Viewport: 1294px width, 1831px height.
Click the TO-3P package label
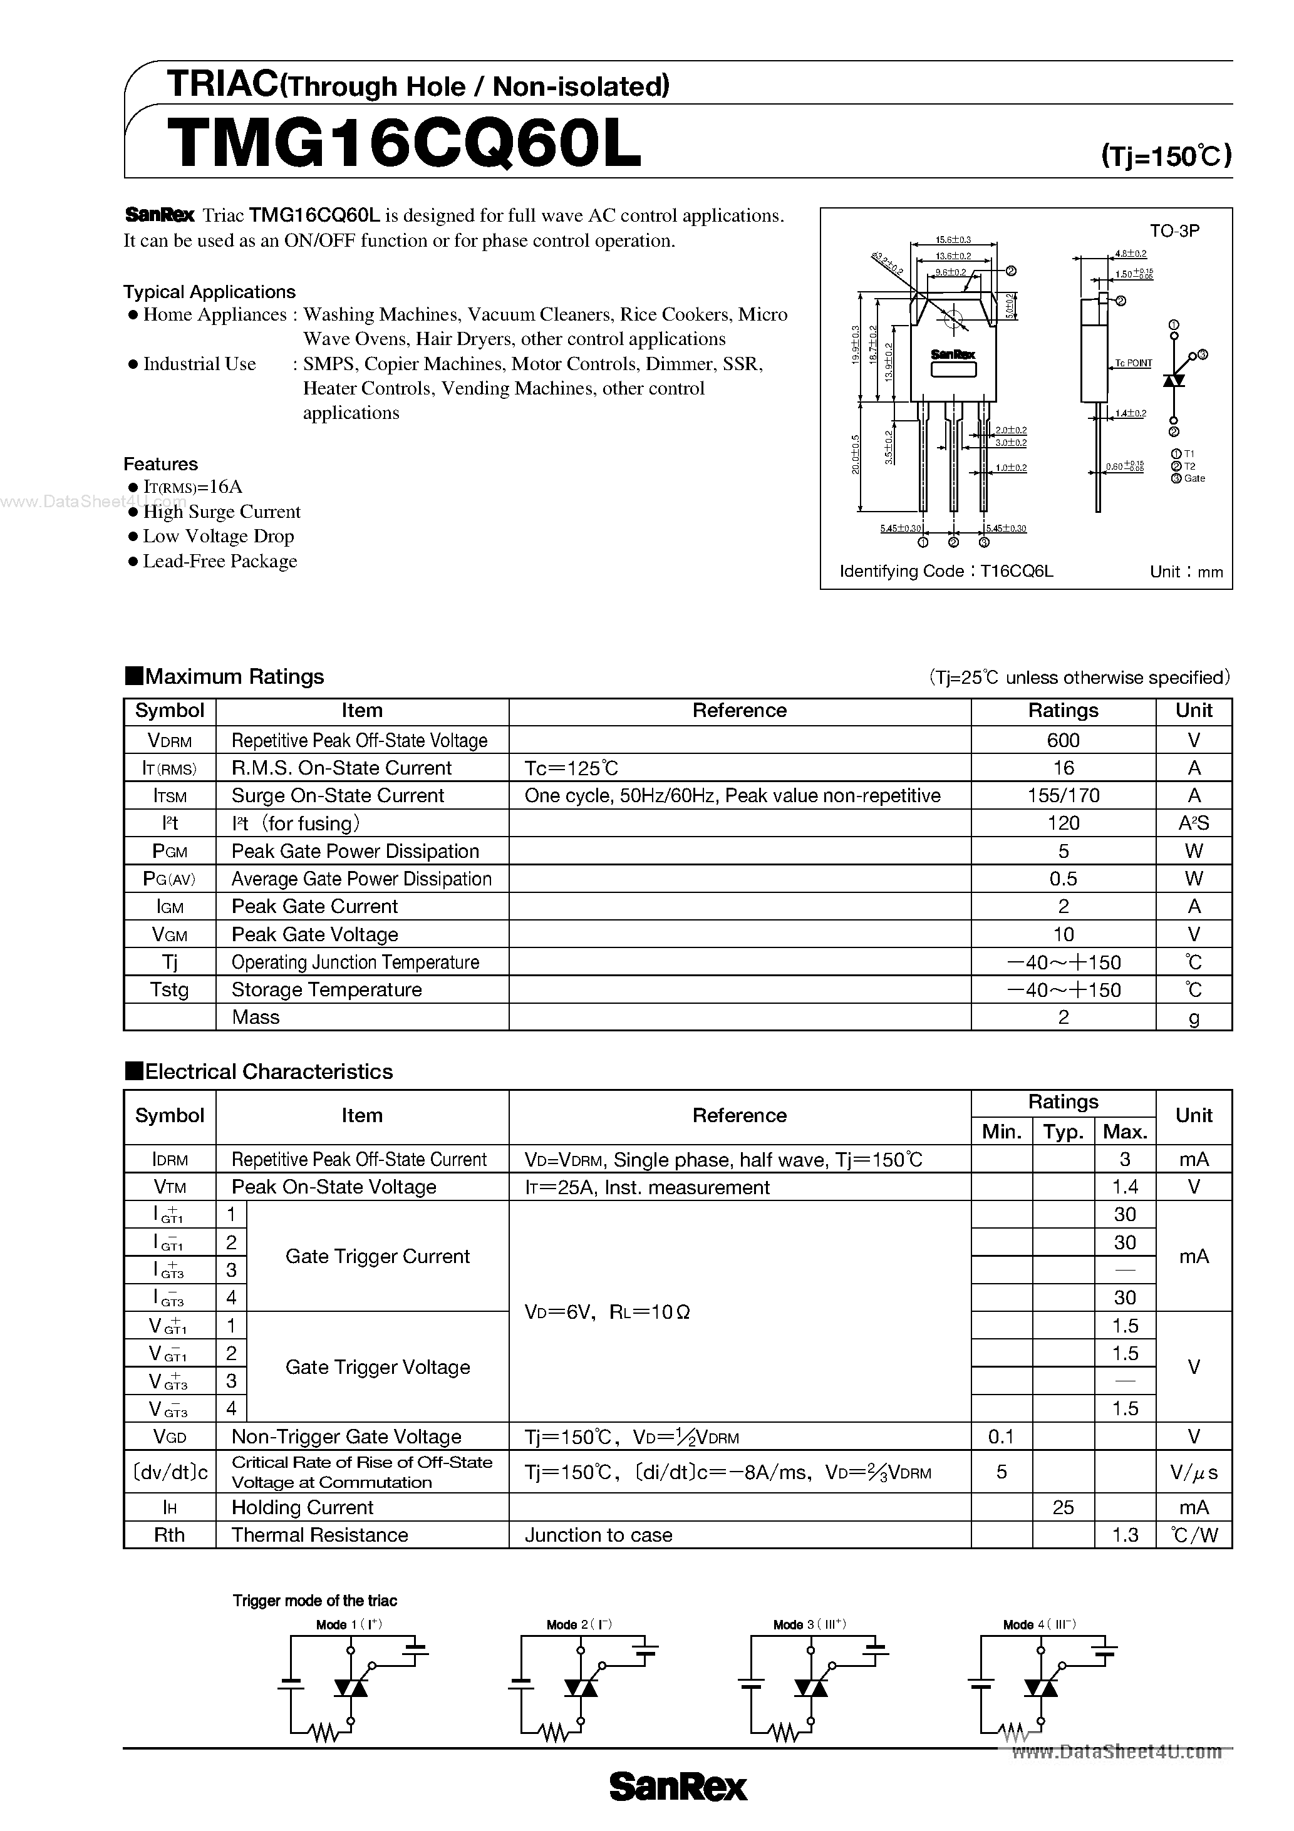coord(1174,230)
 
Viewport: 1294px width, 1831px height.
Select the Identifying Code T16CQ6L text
coord(946,571)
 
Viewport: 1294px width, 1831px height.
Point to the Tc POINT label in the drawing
coord(1133,363)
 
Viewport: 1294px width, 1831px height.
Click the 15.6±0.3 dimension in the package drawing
coord(953,240)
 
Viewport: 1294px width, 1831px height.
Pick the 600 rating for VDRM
coord(1063,740)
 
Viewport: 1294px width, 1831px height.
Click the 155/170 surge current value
coord(1063,795)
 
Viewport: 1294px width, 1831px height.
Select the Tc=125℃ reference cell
coord(571,768)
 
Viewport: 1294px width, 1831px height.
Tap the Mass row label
coord(256,1017)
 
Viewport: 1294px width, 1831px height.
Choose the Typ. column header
coord(1063,1131)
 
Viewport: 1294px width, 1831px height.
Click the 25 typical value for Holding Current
coord(1063,1507)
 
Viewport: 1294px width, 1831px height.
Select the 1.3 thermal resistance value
coord(1124,1535)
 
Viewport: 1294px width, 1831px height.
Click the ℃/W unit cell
coord(1194,1535)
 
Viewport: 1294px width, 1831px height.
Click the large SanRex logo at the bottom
coord(678,1787)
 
